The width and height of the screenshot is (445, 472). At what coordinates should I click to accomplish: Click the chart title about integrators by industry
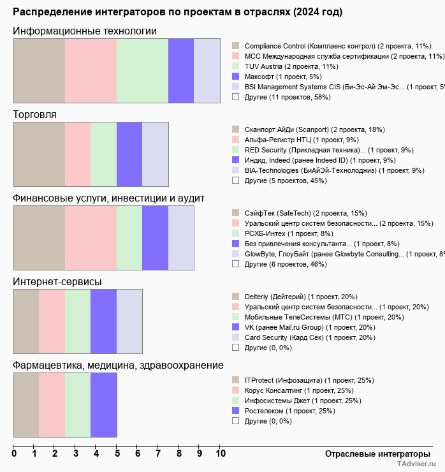click(x=177, y=12)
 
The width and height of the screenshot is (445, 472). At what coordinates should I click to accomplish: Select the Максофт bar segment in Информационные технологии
click(x=181, y=70)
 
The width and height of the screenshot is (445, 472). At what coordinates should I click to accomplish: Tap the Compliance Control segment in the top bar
click(x=39, y=70)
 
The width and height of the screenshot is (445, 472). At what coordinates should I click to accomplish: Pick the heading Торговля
click(x=34, y=115)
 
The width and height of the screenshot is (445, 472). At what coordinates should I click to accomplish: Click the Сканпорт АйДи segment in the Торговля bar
click(x=39, y=154)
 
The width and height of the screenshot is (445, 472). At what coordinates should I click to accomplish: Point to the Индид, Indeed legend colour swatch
click(x=235, y=160)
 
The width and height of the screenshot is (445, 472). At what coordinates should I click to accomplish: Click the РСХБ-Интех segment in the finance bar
click(x=129, y=238)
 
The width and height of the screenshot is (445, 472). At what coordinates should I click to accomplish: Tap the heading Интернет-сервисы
click(x=57, y=282)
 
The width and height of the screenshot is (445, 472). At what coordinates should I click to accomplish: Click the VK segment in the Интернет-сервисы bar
click(x=103, y=321)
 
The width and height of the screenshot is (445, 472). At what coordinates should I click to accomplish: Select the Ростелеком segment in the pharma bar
click(x=103, y=404)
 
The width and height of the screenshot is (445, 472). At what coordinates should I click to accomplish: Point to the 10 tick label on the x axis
click(x=221, y=454)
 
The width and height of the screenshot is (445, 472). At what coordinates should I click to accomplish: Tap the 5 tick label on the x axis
click(x=117, y=454)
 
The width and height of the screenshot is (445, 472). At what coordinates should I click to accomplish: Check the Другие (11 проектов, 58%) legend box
click(x=235, y=97)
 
